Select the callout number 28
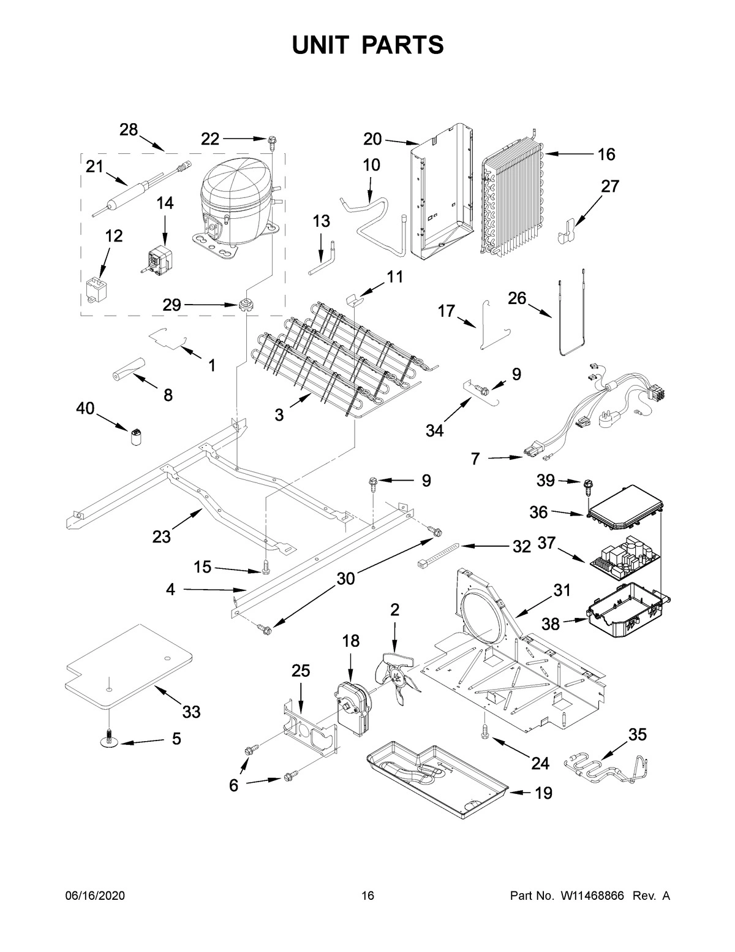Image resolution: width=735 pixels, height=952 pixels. click(x=129, y=129)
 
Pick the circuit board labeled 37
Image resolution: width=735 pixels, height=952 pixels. click(x=625, y=557)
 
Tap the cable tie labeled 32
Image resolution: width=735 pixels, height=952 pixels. click(x=439, y=551)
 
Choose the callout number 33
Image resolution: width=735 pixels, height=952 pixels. click(x=191, y=712)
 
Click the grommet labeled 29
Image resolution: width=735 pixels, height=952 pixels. click(x=246, y=304)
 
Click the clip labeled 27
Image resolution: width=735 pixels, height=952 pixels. click(x=567, y=230)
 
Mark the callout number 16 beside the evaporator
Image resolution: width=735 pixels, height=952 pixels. click(x=606, y=154)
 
